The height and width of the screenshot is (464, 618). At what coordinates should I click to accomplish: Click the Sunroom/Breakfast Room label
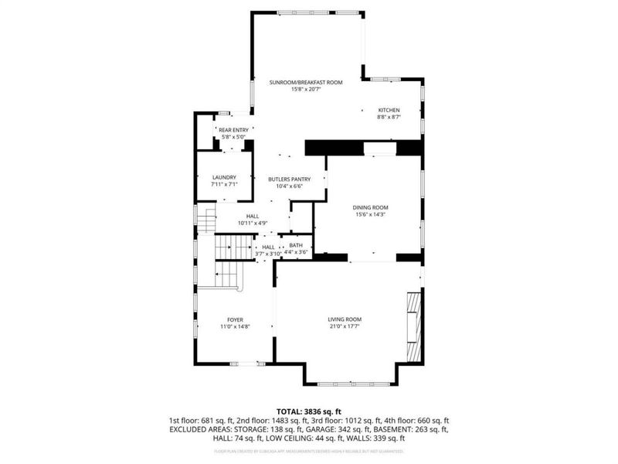(x=306, y=81)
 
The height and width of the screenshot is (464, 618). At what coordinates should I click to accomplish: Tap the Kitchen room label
(x=389, y=110)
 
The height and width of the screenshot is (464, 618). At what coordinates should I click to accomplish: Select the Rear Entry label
(x=232, y=130)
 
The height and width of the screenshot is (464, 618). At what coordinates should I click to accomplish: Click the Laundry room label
(x=224, y=177)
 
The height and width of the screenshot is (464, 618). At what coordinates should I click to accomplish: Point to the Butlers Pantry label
(x=290, y=179)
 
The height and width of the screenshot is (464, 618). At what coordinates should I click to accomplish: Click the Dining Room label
(x=370, y=207)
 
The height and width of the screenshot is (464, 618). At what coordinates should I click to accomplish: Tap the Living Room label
(x=345, y=319)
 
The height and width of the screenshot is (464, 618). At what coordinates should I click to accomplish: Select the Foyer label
(x=235, y=319)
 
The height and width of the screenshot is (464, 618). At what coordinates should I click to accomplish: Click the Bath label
(x=296, y=245)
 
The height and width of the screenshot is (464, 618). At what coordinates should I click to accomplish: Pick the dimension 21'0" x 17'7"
(x=345, y=326)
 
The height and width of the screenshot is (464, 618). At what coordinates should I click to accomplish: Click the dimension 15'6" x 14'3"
(x=370, y=214)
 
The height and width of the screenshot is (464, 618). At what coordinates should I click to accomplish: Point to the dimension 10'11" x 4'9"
(x=252, y=223)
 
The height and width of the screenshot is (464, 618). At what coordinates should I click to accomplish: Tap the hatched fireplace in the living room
(x=415, y=326)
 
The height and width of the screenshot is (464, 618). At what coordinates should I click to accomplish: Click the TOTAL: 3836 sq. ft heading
(x=308, y=411)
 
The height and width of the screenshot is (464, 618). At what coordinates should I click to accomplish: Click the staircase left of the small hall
(x=229, y=247)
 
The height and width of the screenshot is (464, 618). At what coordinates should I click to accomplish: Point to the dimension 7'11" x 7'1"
(x=224, y=184)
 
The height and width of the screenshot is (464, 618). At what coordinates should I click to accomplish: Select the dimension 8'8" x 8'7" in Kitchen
(x=389, y=117)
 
